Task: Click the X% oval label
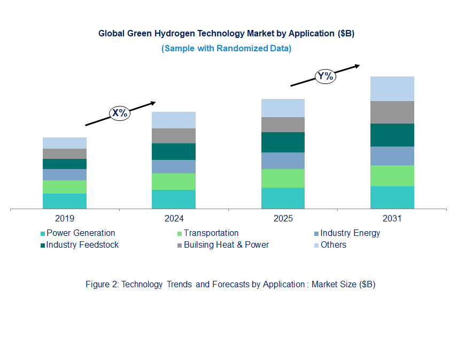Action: pyautogui.click(x=120, y=113)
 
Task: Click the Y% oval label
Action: pyautogui.click(x=325, y=76)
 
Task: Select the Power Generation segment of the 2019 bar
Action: pyautogui.click(x=65, y=201)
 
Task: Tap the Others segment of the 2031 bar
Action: pyautogui.click(x=392, y=88)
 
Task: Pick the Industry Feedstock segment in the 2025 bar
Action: pyautogui.click(x=283, y=142)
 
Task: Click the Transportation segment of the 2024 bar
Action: pyautogui.click(x=174, y=181)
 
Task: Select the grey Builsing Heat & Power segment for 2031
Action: pyautogui.click(x=392, y=112)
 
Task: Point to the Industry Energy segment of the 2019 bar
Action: pyautogui.click(x=65, y=174)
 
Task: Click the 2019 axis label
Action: pyautogui.click(x=65, y=219)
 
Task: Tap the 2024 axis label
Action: pyautogui.click(x=174, y=219)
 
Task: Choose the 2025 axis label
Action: pyautogui.click(x=283, y=219)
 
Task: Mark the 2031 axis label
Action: pyautogui.click(x=392, y=219)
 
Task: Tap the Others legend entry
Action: pyautogui.click(x=333, y=245)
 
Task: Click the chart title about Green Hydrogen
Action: pyautogui.click(x=226, y=33)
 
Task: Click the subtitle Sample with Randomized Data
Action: pyautogui.click(x=226, y=48)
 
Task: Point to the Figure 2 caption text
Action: pyautogui.click(x=230, y=285)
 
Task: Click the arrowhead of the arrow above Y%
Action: pyautogui.click(x=357, y=66)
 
